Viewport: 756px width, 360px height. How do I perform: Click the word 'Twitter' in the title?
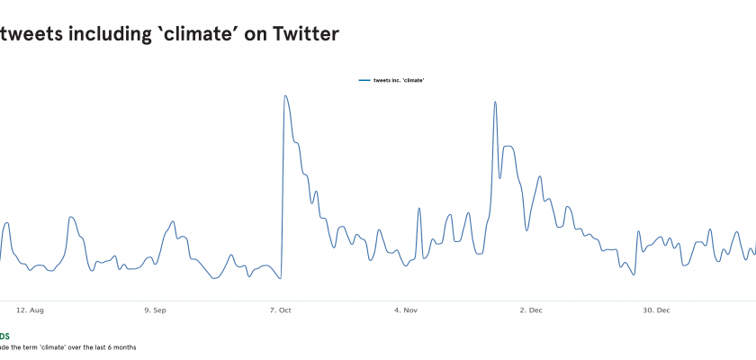301,34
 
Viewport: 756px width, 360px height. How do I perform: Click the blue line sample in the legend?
364,80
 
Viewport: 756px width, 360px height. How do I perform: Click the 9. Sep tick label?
155,310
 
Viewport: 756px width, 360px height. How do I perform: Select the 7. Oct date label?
281,310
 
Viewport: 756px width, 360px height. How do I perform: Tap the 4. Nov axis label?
406,310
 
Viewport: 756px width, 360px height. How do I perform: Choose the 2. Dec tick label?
531,310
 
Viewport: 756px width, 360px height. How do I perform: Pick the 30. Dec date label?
656,310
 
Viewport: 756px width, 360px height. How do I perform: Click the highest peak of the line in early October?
285,95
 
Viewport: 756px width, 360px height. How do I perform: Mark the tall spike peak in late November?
495,102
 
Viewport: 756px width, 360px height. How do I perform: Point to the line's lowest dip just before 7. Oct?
281,278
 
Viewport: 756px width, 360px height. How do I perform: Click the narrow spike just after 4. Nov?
419,209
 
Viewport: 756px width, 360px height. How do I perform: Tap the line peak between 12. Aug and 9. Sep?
72,217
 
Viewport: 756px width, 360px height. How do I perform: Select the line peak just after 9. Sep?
174,222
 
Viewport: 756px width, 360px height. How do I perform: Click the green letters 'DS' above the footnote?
4,336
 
